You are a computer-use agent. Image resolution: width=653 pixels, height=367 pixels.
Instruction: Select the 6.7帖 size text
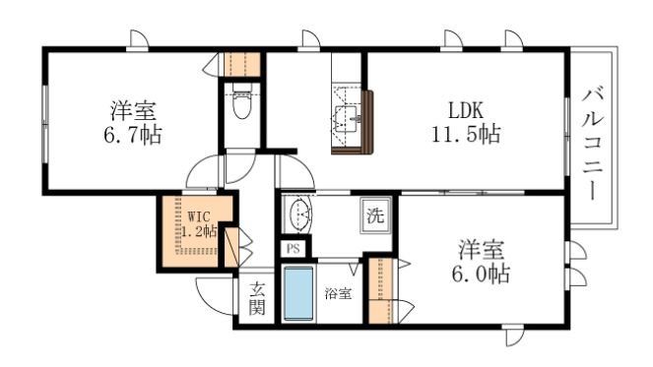130,134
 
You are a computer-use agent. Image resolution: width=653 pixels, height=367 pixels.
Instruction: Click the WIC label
199,214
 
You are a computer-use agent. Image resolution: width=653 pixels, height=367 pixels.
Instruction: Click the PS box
294,249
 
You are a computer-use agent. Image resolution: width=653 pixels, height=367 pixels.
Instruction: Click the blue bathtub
298,292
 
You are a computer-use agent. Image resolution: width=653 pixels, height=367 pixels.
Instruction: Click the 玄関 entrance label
256,297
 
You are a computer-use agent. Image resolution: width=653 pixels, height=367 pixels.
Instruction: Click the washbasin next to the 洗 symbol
298,214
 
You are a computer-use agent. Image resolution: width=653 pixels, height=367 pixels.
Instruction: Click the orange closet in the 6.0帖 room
380,291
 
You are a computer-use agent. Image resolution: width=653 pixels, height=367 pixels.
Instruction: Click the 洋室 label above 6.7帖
130,109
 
